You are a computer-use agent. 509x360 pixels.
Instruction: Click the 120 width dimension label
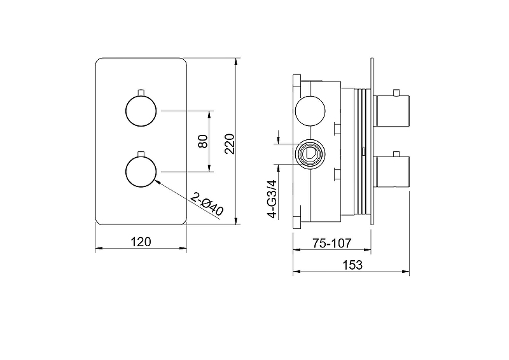tap(141, 242)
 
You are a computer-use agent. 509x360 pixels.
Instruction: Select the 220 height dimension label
tap(229, 144)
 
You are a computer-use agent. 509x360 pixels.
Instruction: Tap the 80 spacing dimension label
tap(203, 141)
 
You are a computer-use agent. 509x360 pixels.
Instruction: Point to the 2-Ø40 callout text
tap(207, 204)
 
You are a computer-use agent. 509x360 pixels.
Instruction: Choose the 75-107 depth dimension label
tap(331, 243)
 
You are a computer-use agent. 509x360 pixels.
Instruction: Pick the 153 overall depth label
tap(352, 265)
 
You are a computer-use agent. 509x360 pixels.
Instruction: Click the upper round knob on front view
tap(141, 111)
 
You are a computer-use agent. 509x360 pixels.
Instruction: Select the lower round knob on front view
tap(141, 171)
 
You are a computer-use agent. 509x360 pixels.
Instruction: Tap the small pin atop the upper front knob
tap(141, 92)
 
